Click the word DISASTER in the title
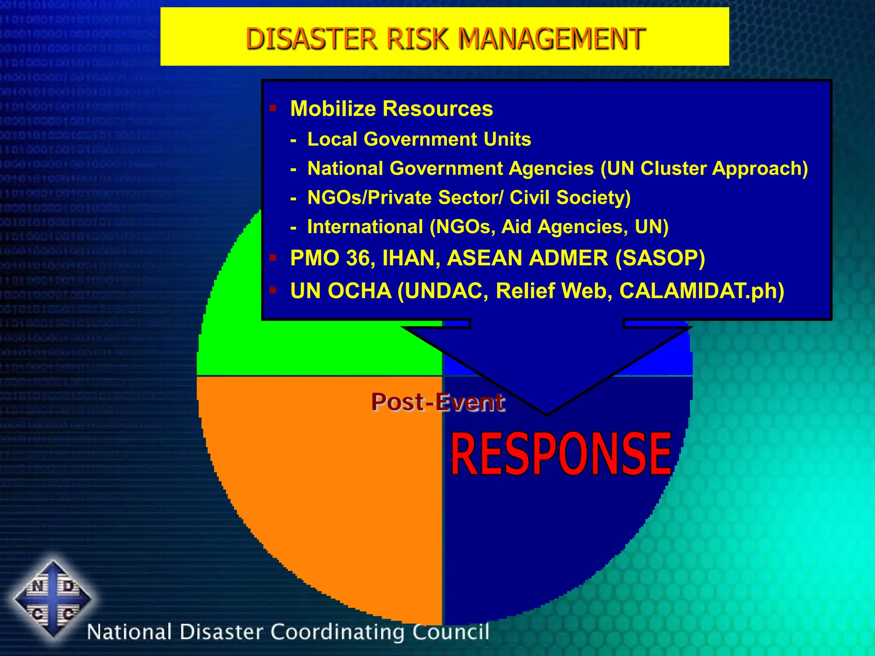pos(311,38)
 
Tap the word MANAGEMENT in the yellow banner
pos(551,38)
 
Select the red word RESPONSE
pos(561,454)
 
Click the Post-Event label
pos(437,402)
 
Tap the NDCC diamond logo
pos(53,598)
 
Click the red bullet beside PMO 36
pos(273,258)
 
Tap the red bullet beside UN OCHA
pos(273,290)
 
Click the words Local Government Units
pos(419,139)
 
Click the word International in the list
pos(365,226)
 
